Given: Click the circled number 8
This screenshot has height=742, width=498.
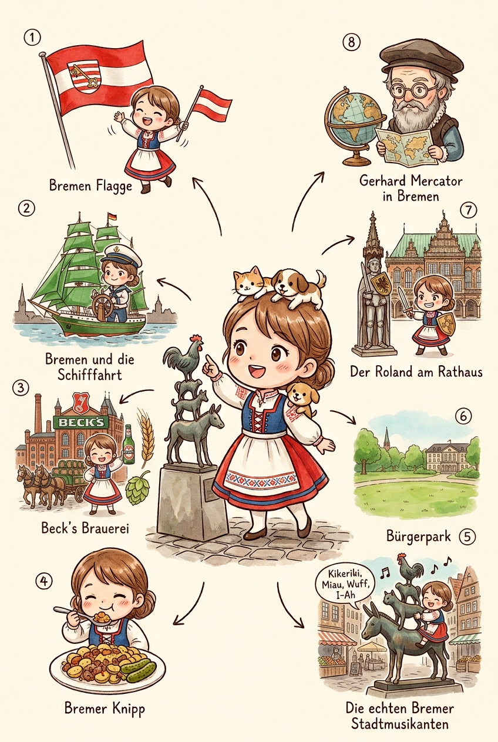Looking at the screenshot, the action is [351, 43].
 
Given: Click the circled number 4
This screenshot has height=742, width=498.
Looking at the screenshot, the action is [43, 581].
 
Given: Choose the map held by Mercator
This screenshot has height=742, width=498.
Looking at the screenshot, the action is [403, 146].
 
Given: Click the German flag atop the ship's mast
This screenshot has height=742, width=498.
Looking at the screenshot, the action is [112, 217].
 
